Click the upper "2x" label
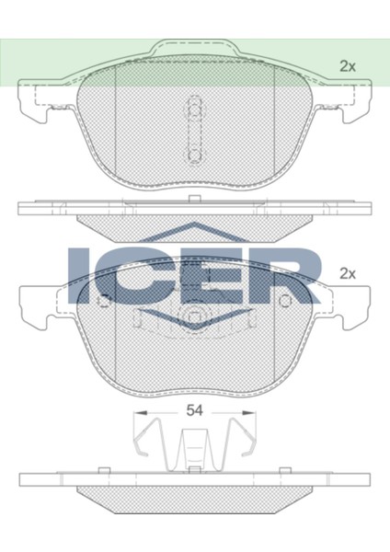(347, 65)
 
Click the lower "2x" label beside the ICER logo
(347, 273)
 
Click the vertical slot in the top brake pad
(194, 129)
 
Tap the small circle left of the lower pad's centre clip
(104, 301)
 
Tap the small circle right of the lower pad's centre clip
(285, 301)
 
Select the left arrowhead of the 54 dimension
(137, 413)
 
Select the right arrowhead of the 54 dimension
(250, 413)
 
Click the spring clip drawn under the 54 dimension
(194, 446)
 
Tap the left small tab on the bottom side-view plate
(104, 472)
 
